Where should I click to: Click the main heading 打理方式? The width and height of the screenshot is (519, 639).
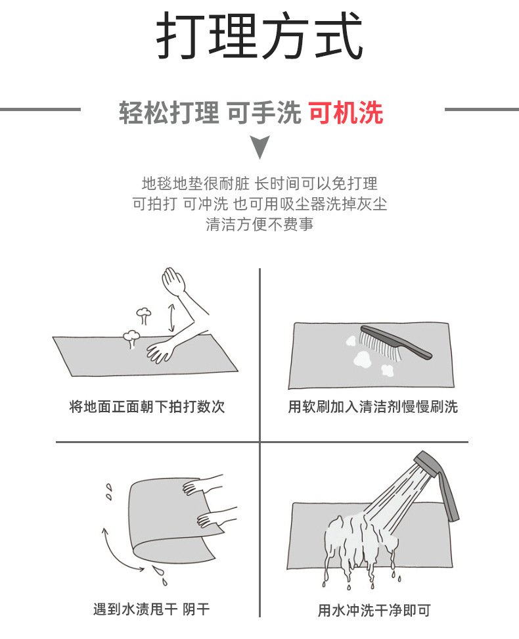pos(259,38)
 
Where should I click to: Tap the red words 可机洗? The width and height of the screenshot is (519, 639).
pos(346,113)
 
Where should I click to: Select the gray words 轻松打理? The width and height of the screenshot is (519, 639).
pos(168,113)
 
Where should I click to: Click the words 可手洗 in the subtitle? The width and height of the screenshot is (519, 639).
pos(263,113)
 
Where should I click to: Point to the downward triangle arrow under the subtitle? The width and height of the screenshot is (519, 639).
pos(261,147)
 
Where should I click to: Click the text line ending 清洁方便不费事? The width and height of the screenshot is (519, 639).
pos(259,224)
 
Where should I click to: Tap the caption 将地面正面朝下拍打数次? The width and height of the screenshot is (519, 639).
pos(147,406)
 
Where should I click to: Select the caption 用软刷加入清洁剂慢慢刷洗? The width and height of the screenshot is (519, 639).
pos(372,406)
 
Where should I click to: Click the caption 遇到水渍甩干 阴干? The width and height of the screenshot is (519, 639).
pos(151,609)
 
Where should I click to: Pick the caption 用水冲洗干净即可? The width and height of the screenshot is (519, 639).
pos(374,610)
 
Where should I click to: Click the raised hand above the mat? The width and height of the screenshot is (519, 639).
pos(174,281)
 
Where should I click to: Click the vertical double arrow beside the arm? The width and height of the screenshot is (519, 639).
pos(171,317)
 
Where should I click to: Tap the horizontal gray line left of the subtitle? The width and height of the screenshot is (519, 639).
pos(39,109)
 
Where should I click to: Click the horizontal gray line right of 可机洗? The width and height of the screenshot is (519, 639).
pos(481,109)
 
